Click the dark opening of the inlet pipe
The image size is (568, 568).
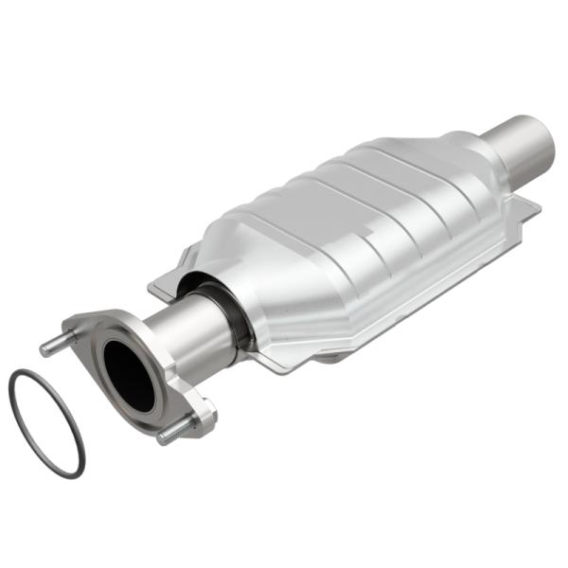tap(128, 374)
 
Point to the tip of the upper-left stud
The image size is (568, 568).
tap(44, 349)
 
